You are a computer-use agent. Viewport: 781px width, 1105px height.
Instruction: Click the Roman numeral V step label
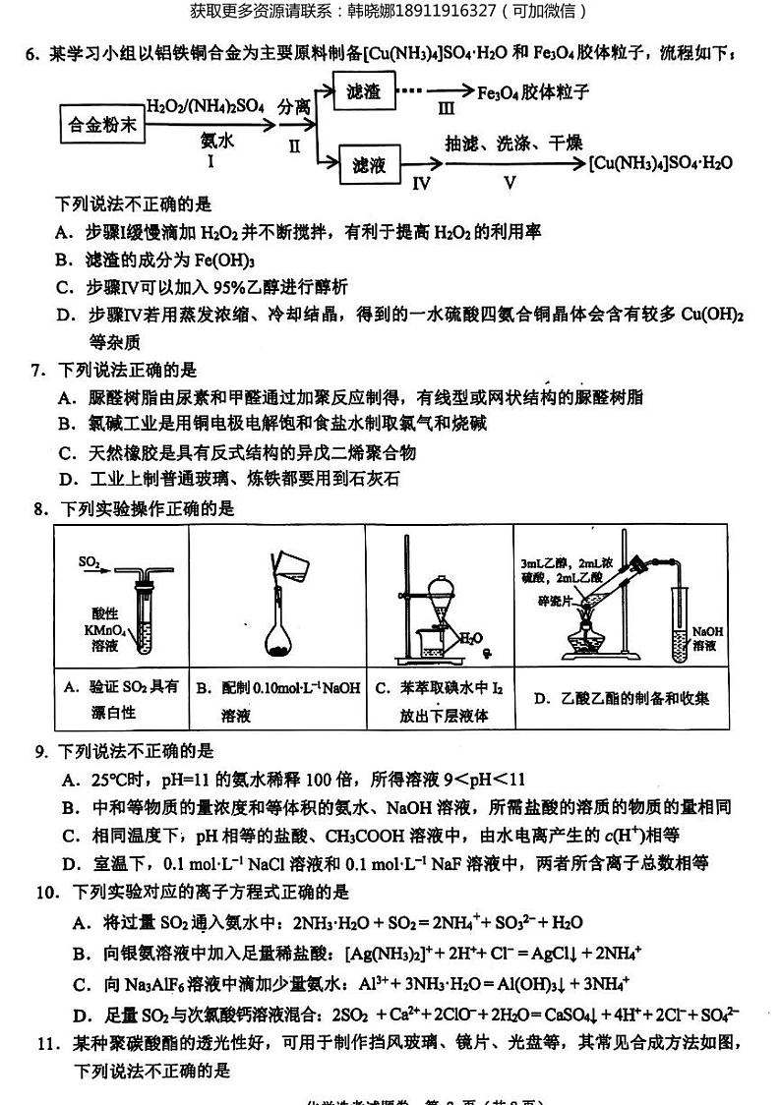point(509,183)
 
